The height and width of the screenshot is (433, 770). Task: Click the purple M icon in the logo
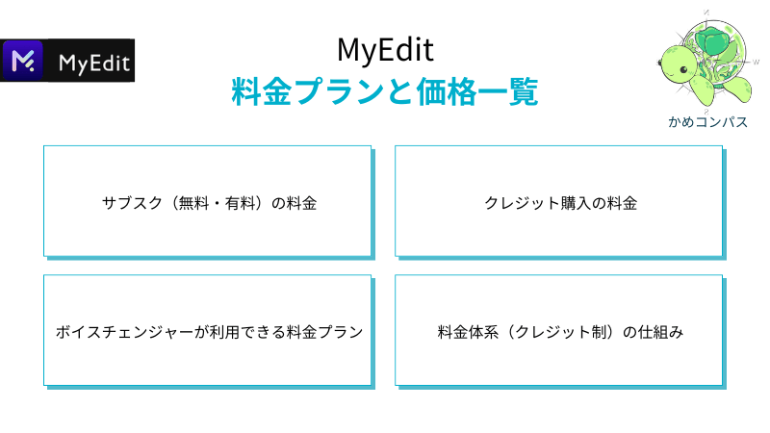22,61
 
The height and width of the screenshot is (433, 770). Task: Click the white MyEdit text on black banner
93,64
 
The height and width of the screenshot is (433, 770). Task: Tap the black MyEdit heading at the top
386,50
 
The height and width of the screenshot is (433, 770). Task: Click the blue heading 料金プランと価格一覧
385,91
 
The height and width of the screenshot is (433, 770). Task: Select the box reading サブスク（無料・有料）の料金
208,202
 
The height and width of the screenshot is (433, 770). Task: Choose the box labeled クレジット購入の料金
560,202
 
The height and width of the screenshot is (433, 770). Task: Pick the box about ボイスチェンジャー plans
208,331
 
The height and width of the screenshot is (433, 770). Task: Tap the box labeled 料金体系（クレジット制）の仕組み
560,331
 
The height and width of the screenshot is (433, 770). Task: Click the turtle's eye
683,70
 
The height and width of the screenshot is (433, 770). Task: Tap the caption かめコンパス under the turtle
707,122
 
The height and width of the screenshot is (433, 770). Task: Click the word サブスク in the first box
132,203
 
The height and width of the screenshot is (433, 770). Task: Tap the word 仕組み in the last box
660,332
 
